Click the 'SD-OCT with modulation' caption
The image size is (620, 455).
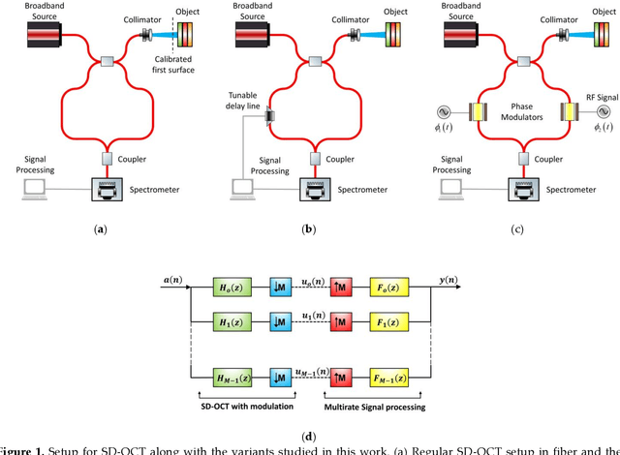click(x=253, y=406)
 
